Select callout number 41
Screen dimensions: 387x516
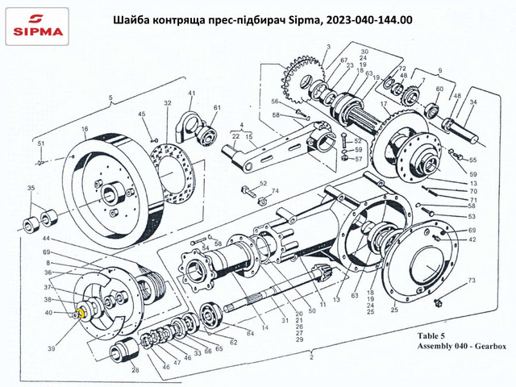pos(192,94)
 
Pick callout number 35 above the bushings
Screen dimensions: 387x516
pos(31,189)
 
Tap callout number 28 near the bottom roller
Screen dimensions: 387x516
pos(135,369)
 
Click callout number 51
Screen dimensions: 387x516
pos(40,144)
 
